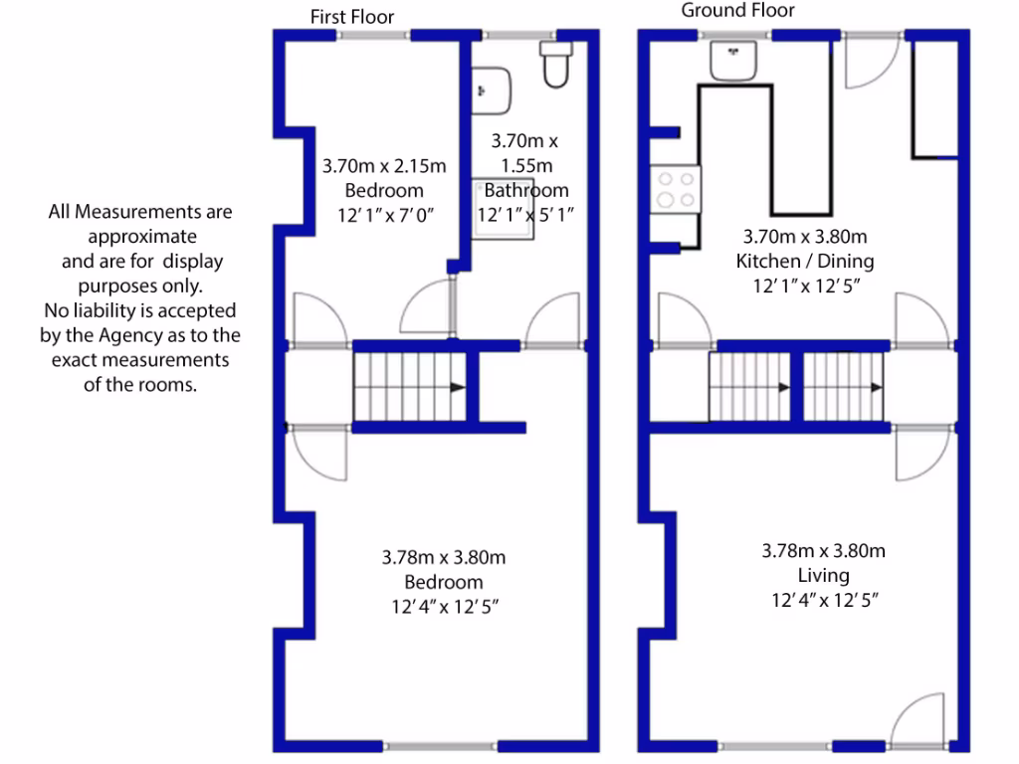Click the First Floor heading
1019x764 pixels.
pos(352,17)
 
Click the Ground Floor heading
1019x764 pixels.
pos(737,11)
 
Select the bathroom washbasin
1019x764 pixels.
pos(492,90)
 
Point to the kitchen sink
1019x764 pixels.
pos(734,60)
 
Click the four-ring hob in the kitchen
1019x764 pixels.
pos(676,190)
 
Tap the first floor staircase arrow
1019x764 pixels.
pos(456,387)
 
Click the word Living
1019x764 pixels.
pos(823,576)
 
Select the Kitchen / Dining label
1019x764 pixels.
pos(805,262)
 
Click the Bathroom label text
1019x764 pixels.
pos(526,190)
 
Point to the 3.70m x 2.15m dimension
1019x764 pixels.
pos(385,165)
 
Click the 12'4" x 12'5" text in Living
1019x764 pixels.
pos(823,600)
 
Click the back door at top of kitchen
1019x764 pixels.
pos(872,60)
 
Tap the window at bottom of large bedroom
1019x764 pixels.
pos(433,746)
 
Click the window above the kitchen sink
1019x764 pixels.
pos(735,36)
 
